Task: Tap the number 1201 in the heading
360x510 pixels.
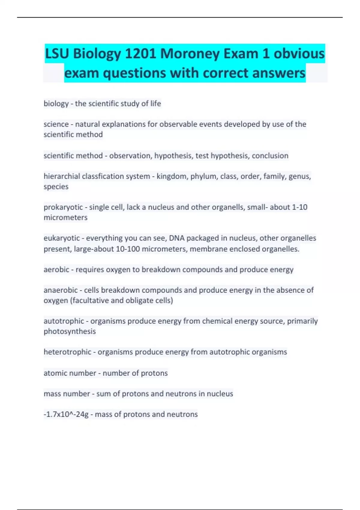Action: (140, 54)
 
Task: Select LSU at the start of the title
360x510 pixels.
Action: (57, 54)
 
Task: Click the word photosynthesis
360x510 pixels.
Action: (70, 331)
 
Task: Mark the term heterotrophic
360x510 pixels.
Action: (67, 352)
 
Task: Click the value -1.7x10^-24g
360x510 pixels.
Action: (66, 414)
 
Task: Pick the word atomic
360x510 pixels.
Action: (54, 373)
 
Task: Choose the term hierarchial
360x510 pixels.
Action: (61, 176)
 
